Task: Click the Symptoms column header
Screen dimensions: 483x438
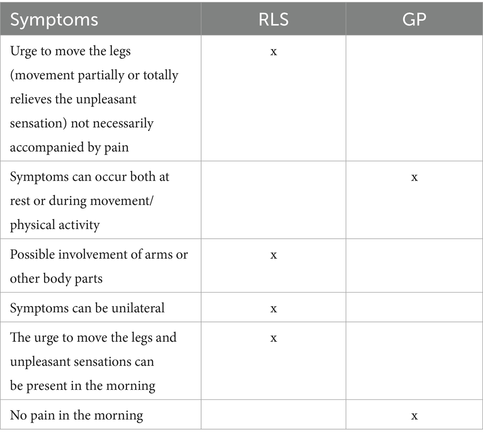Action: pos(54,20)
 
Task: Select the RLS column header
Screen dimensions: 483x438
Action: pos(273,20)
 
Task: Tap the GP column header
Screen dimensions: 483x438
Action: pos(414,20)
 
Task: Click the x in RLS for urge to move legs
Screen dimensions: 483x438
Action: pos(273,52)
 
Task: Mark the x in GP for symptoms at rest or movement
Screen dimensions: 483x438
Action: pos(414,177)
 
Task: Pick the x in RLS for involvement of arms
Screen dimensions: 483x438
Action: pos(273,255)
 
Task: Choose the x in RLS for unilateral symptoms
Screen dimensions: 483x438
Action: pos(273,308)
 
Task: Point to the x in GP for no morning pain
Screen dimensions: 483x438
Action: pos(414,415)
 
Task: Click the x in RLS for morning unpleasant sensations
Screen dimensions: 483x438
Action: pos(273,338)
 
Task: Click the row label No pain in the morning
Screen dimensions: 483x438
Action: pos(76,415)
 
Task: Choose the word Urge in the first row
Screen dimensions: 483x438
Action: pos(22,51)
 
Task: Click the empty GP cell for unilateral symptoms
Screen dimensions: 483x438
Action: pos(414,308)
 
